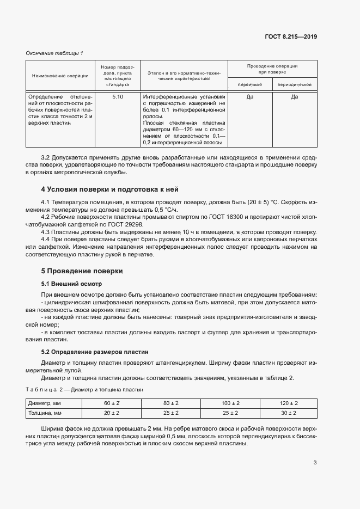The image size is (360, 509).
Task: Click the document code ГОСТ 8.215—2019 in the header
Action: [290, 37]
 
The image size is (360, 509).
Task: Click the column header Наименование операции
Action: [60, 76]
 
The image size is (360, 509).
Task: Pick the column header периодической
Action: [294, 85]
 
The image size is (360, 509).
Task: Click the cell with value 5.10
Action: [118, 97]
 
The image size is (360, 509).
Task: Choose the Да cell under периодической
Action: [294, 97]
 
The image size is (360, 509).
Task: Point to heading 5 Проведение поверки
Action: [82, 271]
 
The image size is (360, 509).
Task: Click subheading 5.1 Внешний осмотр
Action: [71, 284]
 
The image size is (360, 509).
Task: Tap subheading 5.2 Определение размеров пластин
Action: [95, 352]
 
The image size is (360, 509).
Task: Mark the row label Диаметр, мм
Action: [44, 403]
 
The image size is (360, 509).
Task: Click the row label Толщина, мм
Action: [44, 413]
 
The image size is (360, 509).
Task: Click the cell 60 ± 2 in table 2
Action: [111, 403]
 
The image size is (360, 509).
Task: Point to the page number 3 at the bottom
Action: [315, 463]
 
